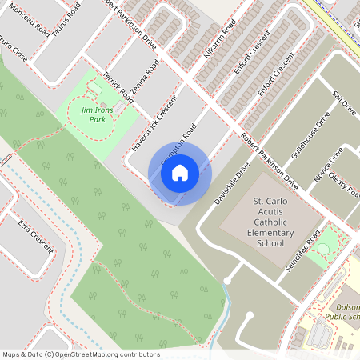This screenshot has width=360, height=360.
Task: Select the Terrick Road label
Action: click(x=117, y=87)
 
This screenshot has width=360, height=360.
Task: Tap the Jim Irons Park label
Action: click(x=93, y=114)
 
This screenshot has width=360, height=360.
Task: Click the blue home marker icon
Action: click(x=180, y=171)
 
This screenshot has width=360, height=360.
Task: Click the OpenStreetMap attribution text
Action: click(x=81, y=354)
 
